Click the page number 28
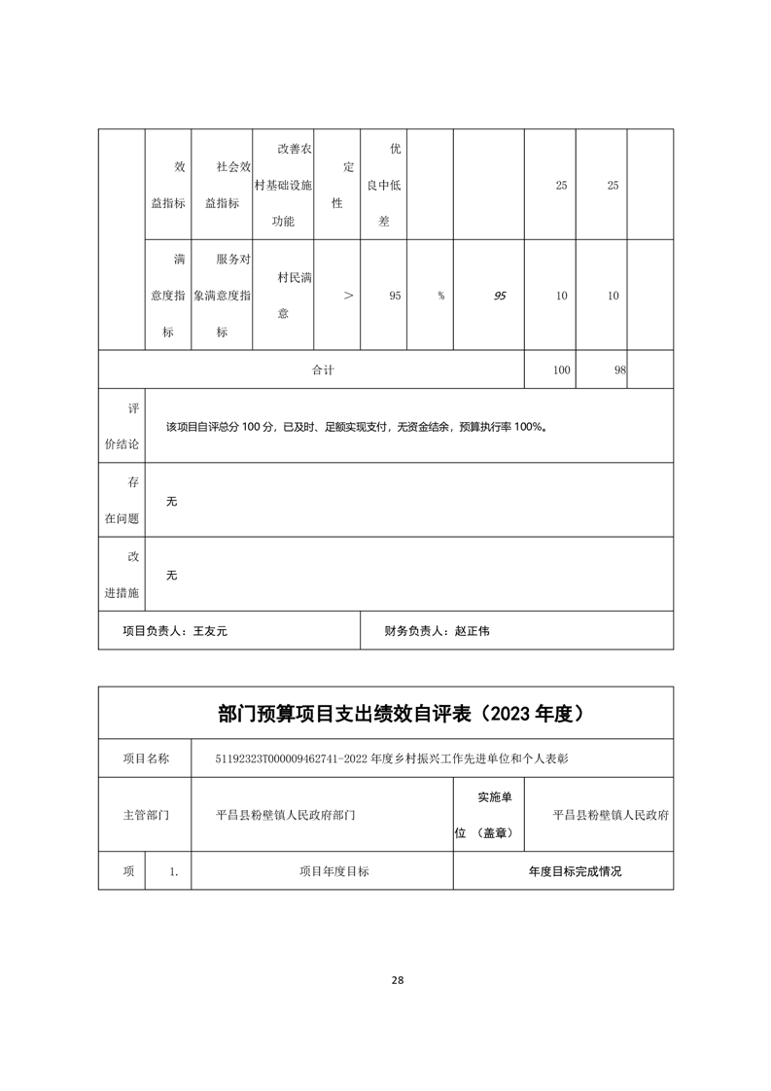tap(397, 980)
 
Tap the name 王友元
tap(210, 631)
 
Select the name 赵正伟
tap(473, 631)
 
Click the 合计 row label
tap(323, 370)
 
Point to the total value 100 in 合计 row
tap(561, 370)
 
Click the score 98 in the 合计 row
tap(618, 370)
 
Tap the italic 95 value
tap(500, 296)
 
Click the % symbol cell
tap(440, 296)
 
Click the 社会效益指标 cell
tap(222, 185)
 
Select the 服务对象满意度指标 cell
tap(222, 296)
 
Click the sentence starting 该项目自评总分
tap(356, 427)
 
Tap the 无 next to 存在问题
tap(172, 502)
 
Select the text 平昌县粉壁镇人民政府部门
tap(286, 815)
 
